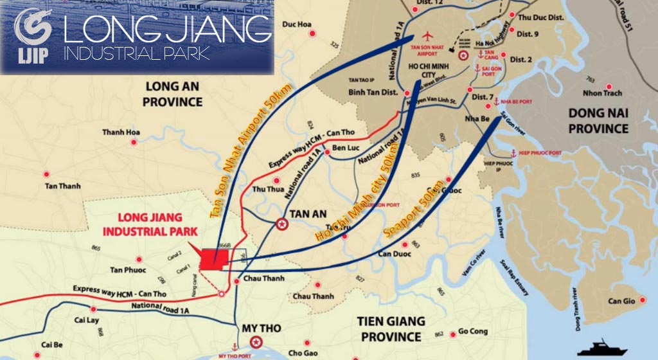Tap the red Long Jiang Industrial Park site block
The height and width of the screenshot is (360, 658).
point(213,258)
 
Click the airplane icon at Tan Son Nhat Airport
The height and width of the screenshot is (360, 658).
point(429,37)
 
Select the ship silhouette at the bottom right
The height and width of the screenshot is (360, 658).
point(602,348)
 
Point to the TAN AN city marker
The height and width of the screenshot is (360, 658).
point(281,224)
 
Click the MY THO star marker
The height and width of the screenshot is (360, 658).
point(257,342)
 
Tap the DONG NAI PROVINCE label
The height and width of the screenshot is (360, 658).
point(598,121)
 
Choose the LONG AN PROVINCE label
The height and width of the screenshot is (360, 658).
point(173,93)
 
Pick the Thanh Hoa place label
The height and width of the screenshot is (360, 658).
point(121,133)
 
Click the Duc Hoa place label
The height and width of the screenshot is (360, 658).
point(297,25)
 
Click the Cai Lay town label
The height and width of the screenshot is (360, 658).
point(89,319)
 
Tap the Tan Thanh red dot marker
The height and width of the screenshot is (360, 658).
point(46,174)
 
